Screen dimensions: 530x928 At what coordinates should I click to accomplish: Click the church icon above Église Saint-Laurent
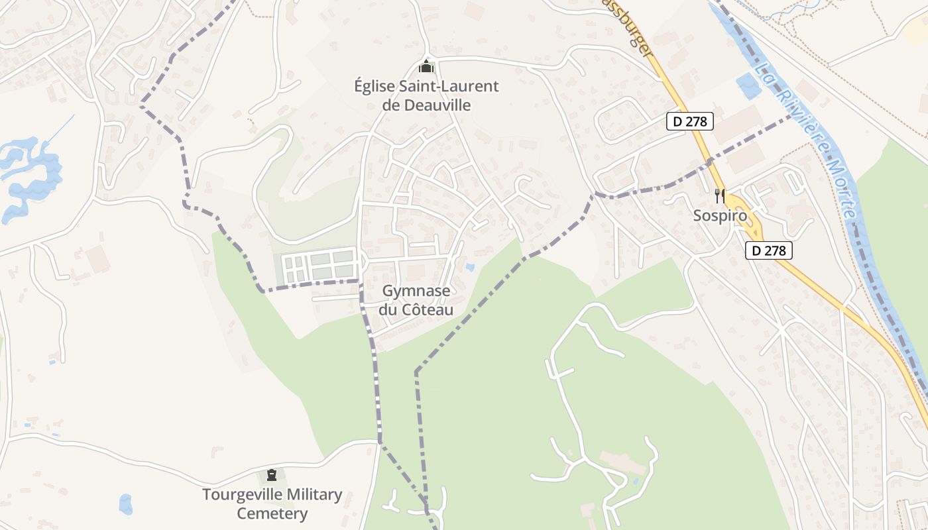(x=426, y=67)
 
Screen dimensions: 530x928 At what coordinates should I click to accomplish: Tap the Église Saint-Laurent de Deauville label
(x=426, y=95)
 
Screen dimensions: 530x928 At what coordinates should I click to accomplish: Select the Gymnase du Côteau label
(x=416, y=300)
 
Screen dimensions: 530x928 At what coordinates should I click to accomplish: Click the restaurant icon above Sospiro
(x=720, y=195)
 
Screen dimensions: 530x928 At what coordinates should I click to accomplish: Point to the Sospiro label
(x=720, y=215)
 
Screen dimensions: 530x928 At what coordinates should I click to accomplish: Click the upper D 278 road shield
(x=690, y=121)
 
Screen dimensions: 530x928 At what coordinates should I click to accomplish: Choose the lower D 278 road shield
(x=769, y=250)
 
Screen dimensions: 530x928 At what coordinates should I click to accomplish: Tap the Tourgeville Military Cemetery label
(x=272, y=503)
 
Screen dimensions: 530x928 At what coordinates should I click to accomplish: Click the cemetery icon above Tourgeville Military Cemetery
(x=271, y=475)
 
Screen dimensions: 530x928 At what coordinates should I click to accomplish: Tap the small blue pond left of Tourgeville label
(x=125, y=504)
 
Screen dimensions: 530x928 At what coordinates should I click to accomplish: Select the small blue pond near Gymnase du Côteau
(x=470, y=268)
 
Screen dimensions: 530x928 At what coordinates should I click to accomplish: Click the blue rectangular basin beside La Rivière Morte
(x=748, y=86)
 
